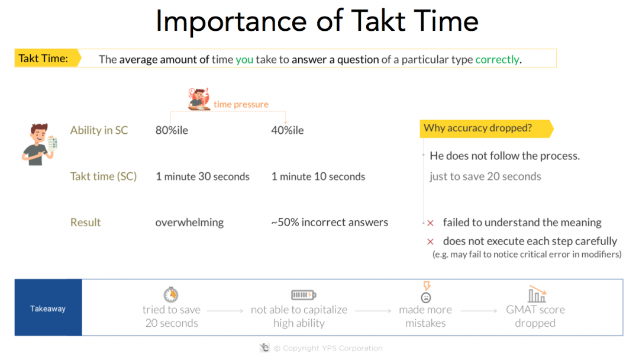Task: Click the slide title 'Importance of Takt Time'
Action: pos(317,22)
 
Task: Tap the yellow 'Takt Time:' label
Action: pos(43,58)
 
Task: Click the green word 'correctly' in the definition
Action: pos(497,59)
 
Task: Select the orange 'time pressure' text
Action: pos(241,104)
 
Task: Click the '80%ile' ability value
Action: pos(172,130)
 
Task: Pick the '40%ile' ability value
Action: pos(288,130)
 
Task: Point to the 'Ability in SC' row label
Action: pos(99,130)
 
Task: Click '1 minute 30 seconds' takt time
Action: pos(202,176)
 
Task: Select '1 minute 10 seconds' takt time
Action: pos(318,176)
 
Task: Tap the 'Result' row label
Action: pos(86,223)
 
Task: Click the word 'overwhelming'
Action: pos(189,223)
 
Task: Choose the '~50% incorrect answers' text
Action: pos(330,223)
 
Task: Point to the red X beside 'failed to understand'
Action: pos(430,223)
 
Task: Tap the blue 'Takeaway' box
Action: pos(48,308)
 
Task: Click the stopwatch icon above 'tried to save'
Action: pos(171,294)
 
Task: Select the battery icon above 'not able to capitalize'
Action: pos(304,295)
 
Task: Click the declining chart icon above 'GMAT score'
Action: pos(537,294)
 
